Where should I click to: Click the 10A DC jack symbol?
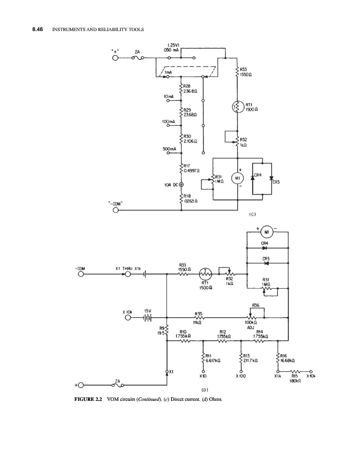click(181, 185)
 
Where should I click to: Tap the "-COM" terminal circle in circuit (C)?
click(116, 210)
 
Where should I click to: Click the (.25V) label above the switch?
click(171, 46)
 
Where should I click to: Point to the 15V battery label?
click(148, 311)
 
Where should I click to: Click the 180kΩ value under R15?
click(295, 381)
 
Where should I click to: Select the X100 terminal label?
click(243, 375)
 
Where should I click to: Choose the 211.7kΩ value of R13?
click(250, 360)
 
